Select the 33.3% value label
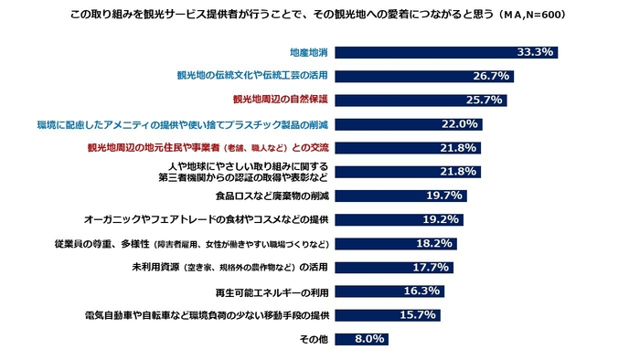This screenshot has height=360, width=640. pos(535,53)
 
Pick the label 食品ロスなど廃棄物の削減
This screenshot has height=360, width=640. pos(272,196)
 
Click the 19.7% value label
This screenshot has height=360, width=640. pos(445,196)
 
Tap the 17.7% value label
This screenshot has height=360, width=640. pos(432,267)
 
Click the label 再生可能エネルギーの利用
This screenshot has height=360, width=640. pos(272,291)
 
